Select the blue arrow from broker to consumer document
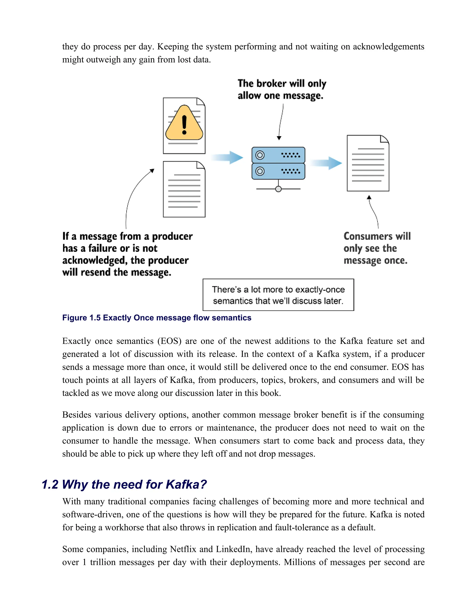327,163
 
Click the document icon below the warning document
184,189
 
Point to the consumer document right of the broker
368,163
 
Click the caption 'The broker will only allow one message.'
282,90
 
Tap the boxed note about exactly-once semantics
278,295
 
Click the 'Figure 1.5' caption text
156,318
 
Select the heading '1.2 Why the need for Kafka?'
124,484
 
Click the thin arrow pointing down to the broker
281,122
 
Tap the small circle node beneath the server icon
278,189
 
